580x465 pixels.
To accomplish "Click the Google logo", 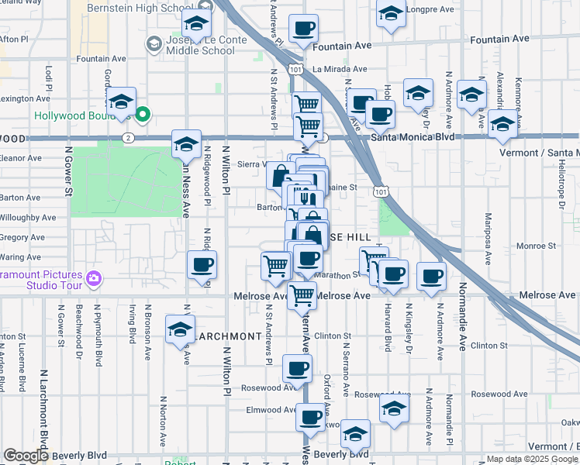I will click(x=26, y=456).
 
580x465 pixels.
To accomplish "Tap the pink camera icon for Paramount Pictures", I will click(x=94, y=277).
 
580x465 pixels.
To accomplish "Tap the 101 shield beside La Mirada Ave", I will click(x=295, y=69).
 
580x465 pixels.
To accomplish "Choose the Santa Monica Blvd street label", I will click(x=410, y=137).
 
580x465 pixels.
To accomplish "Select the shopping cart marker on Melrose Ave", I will click(x=302, y=294).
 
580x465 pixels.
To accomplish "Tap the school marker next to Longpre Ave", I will click(x=391, y=13).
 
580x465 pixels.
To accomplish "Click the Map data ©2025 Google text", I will click(x=533, y=459).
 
